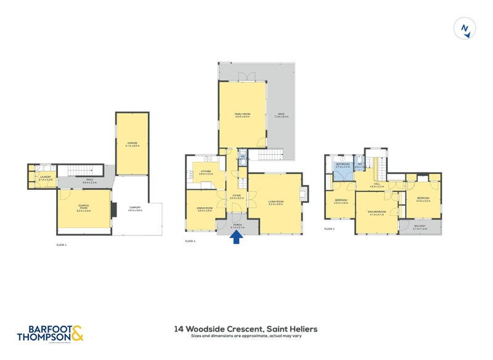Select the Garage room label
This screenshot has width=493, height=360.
pyautogui.click(x=132, y=143)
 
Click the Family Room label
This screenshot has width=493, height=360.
pyautogui.click(x=242, y=115)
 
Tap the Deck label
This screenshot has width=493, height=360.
pyautogui.click(x=280, y=115)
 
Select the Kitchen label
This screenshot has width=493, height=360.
pyautogui.click(x=205, y=172)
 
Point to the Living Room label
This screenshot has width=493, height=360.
pyautogui.click(x=275, y=202)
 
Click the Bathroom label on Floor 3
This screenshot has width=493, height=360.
pyautogui.click(x=343, y=165)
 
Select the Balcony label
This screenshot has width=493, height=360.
pyautogui.click(x=420, y=227)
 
